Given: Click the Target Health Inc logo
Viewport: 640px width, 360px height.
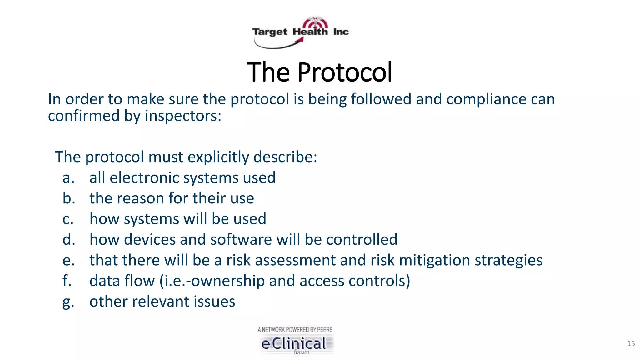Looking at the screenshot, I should click(x=300, y=32).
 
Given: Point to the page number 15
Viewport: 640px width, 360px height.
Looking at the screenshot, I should click(x=631, y=344).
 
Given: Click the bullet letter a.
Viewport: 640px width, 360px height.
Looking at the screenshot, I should click(x=68, y=178).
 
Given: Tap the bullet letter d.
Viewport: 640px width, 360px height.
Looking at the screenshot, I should click(x=69, y=240).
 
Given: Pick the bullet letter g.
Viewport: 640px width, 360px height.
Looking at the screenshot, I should click(x=68, y=302).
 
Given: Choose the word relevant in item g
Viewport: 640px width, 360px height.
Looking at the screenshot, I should click(x=161, y=302).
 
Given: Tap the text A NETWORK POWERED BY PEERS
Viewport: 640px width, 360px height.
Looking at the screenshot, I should click(x=295, y=330).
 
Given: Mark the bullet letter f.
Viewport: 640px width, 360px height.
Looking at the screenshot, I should click(x=67, y=281).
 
